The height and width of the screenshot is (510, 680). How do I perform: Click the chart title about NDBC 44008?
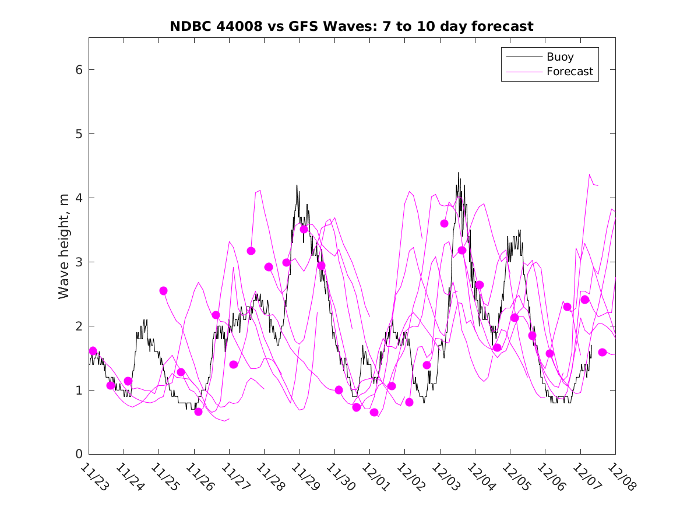[351, 26]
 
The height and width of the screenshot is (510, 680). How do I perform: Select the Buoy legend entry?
[560, 57]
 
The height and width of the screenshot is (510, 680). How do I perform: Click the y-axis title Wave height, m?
[64, 247]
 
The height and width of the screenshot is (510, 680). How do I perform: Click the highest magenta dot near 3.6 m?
[444, 223]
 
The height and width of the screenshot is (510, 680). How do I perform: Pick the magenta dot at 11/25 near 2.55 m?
[163, 291]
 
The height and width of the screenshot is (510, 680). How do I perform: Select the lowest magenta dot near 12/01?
[374, 413]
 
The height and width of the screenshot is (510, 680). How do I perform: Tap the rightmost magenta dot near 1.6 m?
[603, 352]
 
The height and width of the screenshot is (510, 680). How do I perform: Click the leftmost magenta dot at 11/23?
[93, 351]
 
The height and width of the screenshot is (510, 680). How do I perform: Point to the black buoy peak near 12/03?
[459, 173]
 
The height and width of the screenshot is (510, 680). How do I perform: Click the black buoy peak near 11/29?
[297, 185]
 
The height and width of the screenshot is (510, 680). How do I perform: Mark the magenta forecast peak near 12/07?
[590, 174]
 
